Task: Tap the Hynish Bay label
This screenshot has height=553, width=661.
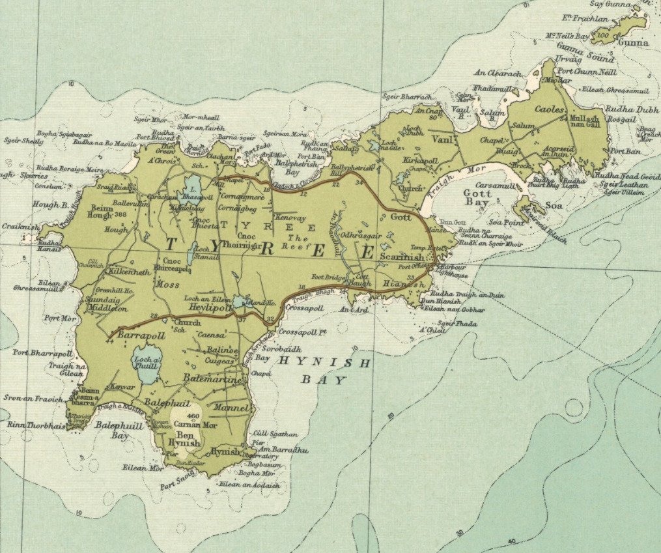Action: click(324, 371)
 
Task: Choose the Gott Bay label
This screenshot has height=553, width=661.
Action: click(477, 199)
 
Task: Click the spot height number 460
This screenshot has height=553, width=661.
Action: click(192, 416)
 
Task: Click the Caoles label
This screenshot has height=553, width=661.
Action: click(548, 110)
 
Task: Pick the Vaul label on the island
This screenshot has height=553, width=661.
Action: click(441, 138)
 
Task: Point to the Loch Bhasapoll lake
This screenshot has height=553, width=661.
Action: click(193, 189)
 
